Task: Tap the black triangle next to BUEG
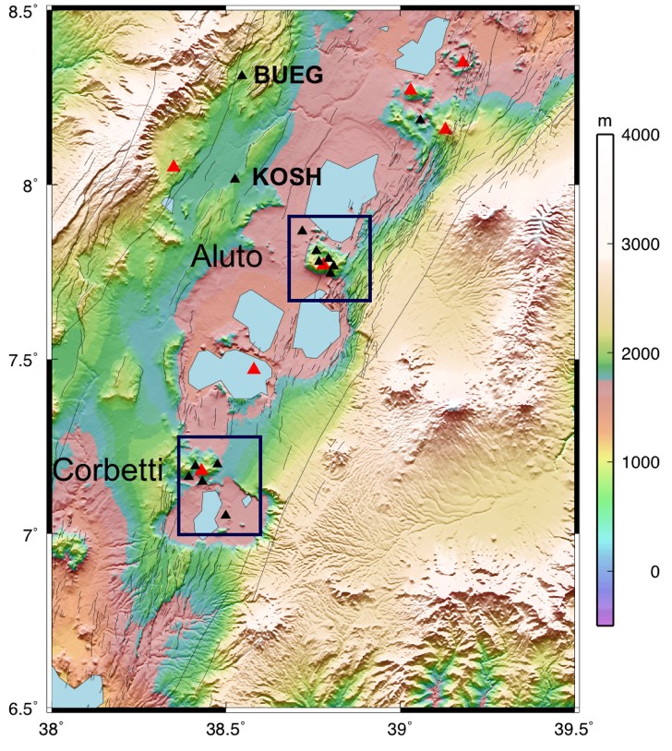tap(243, 75)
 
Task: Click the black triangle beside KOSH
tap(235, 178)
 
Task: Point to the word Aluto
tap(227, 257)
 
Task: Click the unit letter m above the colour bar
tap(606, 121)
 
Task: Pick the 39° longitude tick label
tap(402, 728)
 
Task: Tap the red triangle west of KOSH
tap(174, 166)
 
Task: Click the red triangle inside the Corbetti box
tap(202, 470)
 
